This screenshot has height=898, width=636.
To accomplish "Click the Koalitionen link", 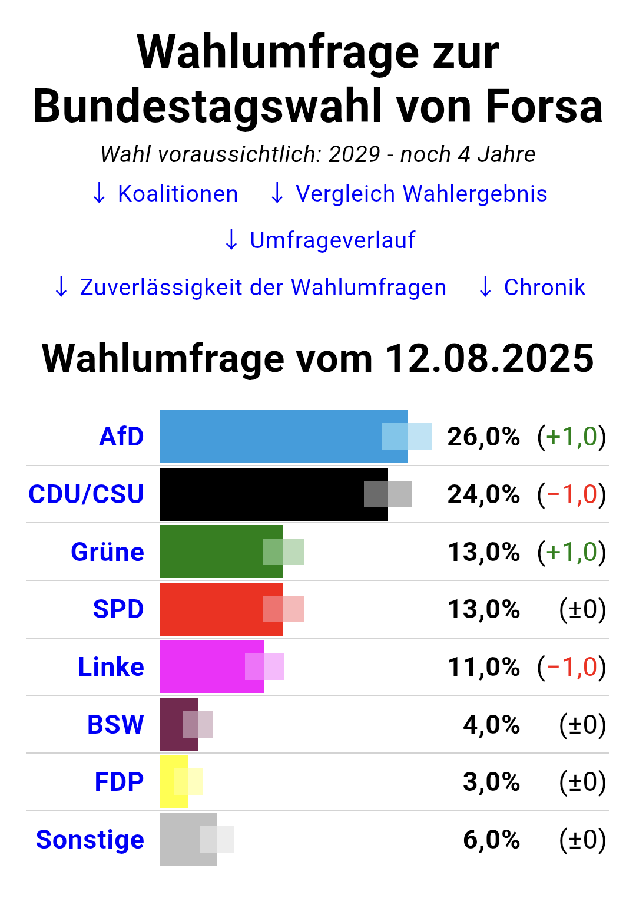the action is pos(165,194).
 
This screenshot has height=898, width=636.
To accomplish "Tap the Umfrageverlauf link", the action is pos(320,240).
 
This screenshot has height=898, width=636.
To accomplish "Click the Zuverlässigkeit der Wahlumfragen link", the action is pos(250,287).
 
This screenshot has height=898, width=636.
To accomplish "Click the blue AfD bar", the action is pos(283,437).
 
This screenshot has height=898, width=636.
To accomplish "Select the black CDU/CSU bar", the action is pos(274,494).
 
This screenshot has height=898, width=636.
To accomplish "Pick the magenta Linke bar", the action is pos(212,666).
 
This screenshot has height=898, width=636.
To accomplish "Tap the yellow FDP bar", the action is pos(174,782).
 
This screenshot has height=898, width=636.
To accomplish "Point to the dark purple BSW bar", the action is pos(179,724).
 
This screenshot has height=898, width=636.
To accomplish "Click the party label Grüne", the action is pos(107,552).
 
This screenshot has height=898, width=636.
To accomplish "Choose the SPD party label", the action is pos(118,609).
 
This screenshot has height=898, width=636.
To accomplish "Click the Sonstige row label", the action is pos(90,840).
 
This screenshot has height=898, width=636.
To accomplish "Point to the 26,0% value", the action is pos(483,437).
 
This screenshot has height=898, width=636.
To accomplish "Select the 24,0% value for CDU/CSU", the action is pos(483,494).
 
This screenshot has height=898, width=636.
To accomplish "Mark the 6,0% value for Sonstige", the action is pos(491,840).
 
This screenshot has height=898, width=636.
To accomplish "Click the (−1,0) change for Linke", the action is pos(571,667).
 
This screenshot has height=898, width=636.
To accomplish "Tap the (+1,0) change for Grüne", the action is pos(571,553).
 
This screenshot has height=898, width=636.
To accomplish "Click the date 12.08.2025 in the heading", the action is pos(489,358).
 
